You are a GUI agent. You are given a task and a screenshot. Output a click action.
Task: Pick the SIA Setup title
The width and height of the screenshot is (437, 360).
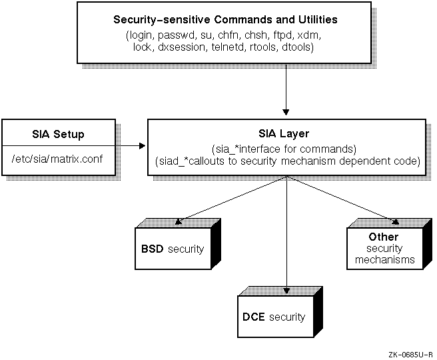point(59,134)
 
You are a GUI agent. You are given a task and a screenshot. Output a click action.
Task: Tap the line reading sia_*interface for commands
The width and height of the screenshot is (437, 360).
point(285,148)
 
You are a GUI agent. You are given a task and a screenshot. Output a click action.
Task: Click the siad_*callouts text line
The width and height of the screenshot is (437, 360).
point(285,161)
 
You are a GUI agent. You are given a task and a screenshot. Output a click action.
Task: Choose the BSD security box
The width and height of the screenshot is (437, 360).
point(171,249)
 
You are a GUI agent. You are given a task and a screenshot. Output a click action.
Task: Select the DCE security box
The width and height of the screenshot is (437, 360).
point(274,317)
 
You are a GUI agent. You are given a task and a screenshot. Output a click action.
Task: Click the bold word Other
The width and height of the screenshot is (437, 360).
point(383,237)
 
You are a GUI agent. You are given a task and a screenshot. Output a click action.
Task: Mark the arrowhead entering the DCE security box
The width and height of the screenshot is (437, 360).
point(286,291)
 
